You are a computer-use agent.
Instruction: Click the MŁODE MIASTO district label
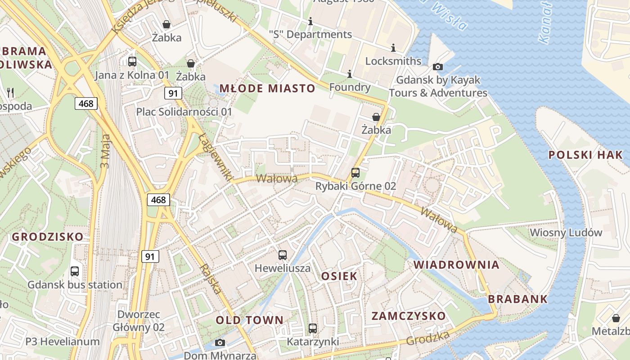click(267, 88)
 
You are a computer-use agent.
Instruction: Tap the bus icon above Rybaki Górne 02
click(355, 173)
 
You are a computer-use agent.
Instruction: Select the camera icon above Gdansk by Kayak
click(437, 67)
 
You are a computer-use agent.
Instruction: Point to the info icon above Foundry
click(350, 74)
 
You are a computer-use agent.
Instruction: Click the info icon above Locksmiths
click(393, 48)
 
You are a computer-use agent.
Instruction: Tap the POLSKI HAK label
click(585, 155)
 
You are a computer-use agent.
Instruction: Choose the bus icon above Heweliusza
click(283, 255)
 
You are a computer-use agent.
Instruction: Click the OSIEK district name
click(339, 276)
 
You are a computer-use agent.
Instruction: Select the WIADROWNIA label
click(456, 265)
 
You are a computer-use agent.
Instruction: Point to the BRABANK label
click(517, 299)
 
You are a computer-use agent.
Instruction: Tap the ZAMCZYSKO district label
click(408, 316)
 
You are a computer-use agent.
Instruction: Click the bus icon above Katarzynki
click(313, 328)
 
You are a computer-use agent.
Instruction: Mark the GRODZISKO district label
click(48, 237)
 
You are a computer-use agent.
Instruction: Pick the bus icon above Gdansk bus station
click(75, 271)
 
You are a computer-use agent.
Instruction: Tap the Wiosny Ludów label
click(566, 233)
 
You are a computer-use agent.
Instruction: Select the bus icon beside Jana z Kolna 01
click(132, 62)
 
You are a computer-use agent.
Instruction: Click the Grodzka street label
click(428, 338)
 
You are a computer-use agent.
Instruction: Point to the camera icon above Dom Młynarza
click(220, 343)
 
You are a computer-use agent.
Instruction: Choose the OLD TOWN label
click(249, 320)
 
